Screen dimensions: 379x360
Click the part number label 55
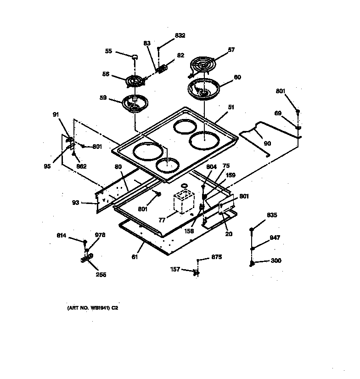tap(108, 51)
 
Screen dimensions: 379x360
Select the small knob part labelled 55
tap(135, 57)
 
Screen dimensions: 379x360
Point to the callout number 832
tap(180, 35)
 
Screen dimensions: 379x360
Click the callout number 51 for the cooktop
tap(231, 107)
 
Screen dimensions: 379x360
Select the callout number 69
tap(278, 113)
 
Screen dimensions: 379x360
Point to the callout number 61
tap(135, 257)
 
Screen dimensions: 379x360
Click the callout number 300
tap(276, 260)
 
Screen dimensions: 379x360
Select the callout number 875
tap(216, 257)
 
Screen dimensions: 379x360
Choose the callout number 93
tap(75, 203)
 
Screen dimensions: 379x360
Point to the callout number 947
tap(275, 238)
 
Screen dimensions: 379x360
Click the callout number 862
tap(81, 166)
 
